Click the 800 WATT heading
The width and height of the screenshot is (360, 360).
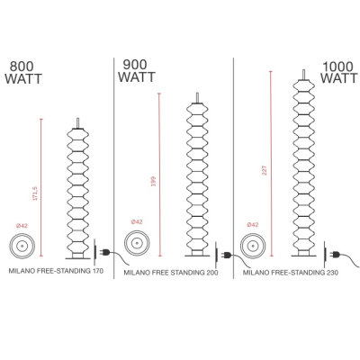[x=23, y=73]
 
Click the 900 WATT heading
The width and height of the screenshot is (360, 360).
[x=137, y=71]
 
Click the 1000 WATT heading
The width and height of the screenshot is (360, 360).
[x=339, y=73]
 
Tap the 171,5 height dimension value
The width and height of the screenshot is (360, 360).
[x=35, y=193]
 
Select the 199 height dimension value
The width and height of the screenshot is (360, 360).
[x=154, y=182]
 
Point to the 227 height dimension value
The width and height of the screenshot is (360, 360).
[x=265, y=170]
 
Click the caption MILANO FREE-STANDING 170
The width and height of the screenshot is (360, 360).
[x=56, y=271]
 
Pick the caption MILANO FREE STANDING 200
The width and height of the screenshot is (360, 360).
[x=171, y=273]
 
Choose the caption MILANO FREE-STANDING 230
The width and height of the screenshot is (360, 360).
[x=291, y=273]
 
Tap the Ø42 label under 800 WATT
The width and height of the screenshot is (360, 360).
[x=22, y=226]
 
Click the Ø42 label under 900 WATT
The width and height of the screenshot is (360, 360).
[x=137, y=222]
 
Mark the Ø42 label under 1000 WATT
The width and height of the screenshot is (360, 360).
[x=253, y=225]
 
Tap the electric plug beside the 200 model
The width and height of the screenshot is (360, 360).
[x=225, y=256]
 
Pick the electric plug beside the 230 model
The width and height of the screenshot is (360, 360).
[x=334, y=255]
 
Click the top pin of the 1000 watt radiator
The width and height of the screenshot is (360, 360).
[x=304, y=75]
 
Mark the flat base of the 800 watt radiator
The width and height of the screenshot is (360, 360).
[x=77, y=258]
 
